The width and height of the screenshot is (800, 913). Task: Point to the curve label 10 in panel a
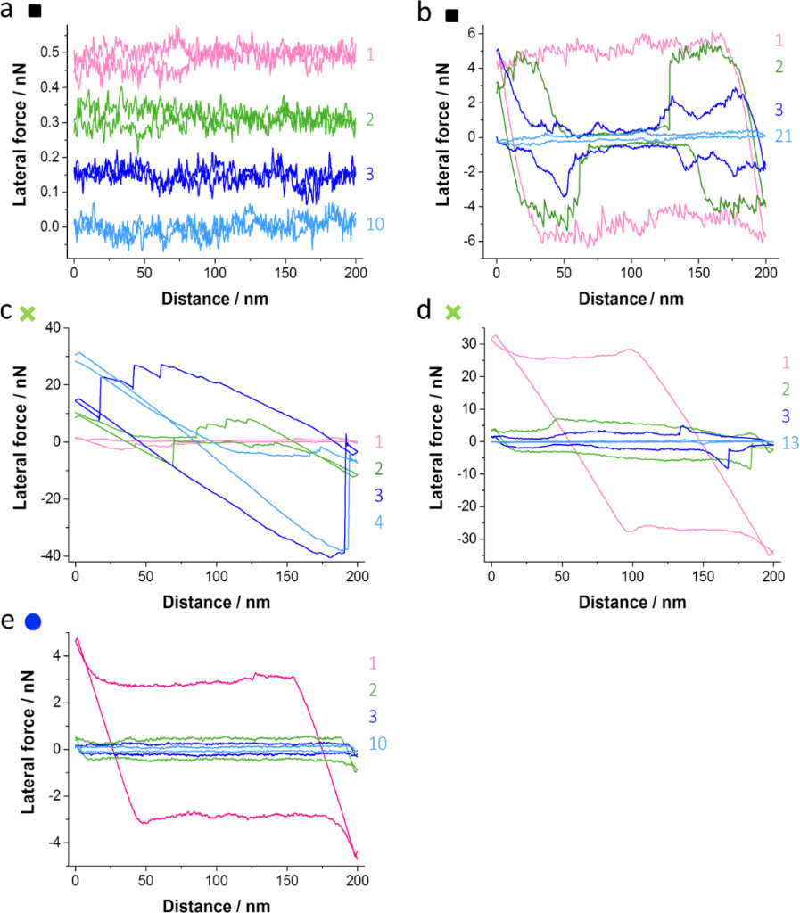pos(375,224)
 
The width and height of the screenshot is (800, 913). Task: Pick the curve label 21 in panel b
pos(782,136)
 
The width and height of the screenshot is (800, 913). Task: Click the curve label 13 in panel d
pos(787,442)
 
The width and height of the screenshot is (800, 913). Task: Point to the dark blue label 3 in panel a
pos(370,172)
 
